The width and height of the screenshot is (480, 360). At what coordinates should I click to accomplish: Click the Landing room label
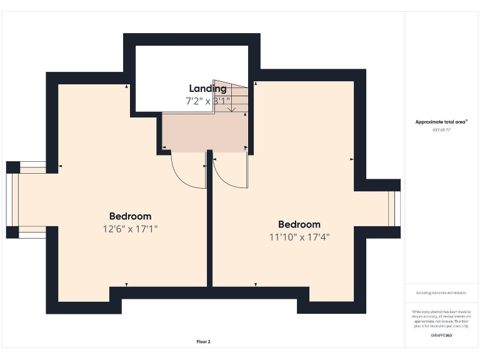(207, 89)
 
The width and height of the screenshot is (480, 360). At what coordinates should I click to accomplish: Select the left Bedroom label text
(130, 216)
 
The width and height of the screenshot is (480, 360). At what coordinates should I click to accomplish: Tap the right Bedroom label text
(299, 224)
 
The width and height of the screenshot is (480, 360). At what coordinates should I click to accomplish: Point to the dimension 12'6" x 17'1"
(130, 229)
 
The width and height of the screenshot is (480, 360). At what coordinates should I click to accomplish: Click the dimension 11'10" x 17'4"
(299, 237)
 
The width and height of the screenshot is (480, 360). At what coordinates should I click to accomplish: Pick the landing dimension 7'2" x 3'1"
(207, 101)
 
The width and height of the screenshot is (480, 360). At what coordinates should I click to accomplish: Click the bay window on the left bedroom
(14, 200)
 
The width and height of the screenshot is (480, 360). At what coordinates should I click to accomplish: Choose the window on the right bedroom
(393, 209)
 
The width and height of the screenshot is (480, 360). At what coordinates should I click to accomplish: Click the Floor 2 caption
(204, 342)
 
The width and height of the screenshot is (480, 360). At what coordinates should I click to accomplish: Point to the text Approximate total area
(441, 122)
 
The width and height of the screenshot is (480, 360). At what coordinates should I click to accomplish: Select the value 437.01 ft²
(441, 130)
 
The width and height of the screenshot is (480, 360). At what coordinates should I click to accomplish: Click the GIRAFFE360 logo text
(441, 336)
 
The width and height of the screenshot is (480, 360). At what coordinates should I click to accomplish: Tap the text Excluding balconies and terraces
(441, 292)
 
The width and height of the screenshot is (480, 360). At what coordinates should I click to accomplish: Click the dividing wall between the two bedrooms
(210, 237)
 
